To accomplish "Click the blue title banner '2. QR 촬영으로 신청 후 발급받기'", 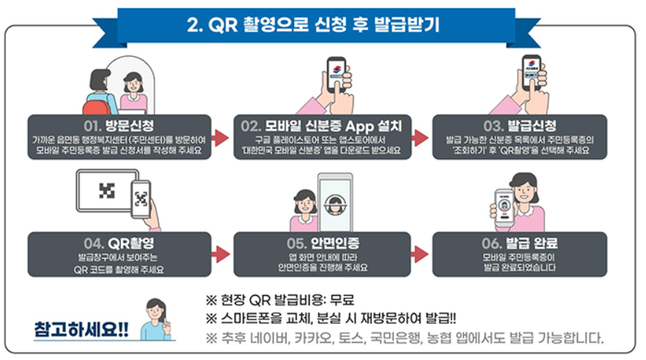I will [x=322, y=24].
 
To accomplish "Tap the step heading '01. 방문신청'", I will [x=118, y=122].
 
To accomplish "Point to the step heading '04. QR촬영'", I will [x=118, y=241].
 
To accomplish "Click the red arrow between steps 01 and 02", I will [x=220, y=137].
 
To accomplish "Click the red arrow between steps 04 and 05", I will [x=220, y=255].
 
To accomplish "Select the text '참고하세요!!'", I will [x=81, y=328].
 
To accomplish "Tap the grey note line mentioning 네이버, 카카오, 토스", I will [x=406, y=339].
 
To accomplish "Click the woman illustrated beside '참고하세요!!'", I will [x=156, y=319].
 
